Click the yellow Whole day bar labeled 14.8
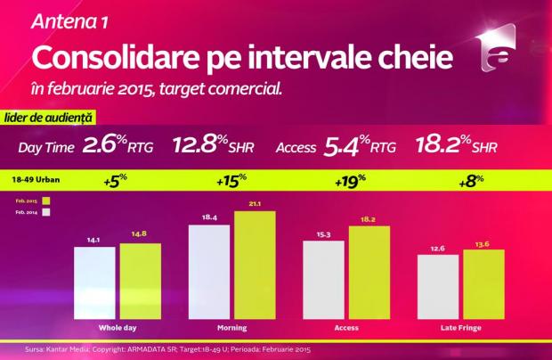tap(140, 280)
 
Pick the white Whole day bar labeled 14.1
tap(93, 282)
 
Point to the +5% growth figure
tap(117, 181)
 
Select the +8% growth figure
tap(460, 181)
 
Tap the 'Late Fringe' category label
tap(460, 329)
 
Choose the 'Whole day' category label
tap(117, 329)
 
